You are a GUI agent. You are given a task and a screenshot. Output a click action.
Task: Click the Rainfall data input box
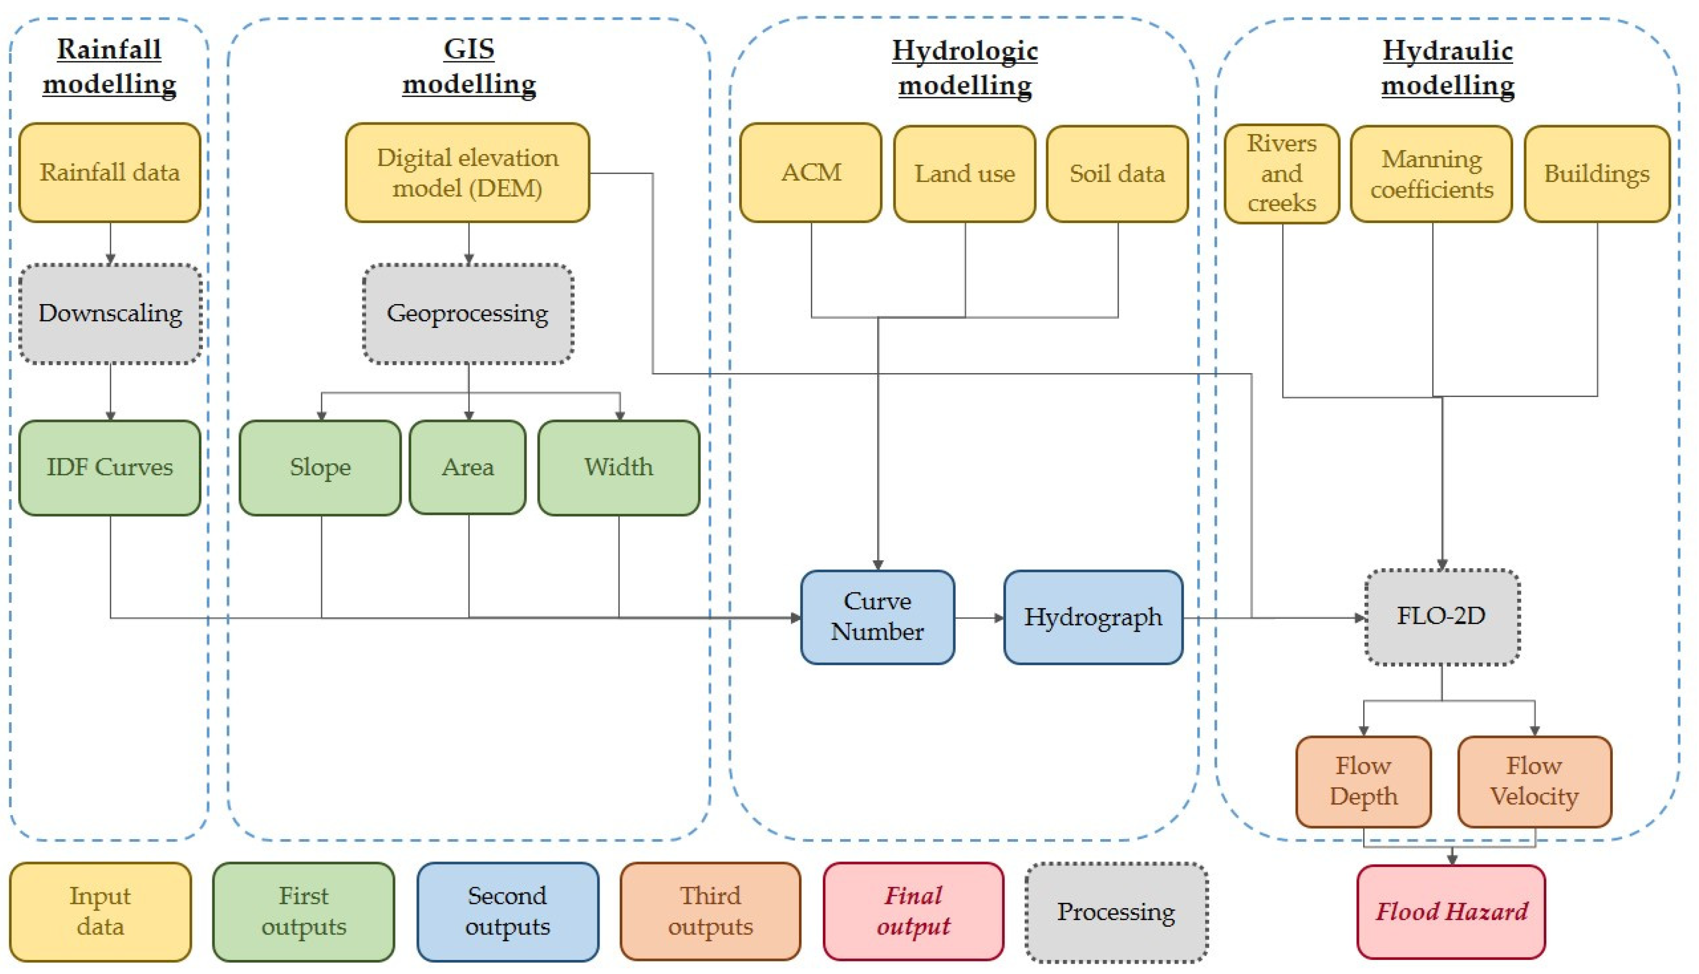(x=110, y=173)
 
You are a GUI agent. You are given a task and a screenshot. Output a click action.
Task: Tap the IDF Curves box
(x=110, y=468)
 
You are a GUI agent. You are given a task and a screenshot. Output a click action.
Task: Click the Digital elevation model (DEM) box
(x=467, y=173)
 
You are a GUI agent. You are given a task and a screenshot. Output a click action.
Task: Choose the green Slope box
(x=320, y=468)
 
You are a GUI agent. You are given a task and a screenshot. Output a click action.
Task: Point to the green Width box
(x=618, y=468)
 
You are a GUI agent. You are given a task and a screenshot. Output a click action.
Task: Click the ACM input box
(x=810, y=173)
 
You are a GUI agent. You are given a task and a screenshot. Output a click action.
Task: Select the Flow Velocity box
(x=1534, y=781)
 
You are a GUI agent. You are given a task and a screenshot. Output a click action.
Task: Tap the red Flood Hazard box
(x=1451, y=912)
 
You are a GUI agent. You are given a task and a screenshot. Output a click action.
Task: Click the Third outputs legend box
(x=710, y=912)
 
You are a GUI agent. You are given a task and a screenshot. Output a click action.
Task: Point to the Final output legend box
(x=914, y=912)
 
